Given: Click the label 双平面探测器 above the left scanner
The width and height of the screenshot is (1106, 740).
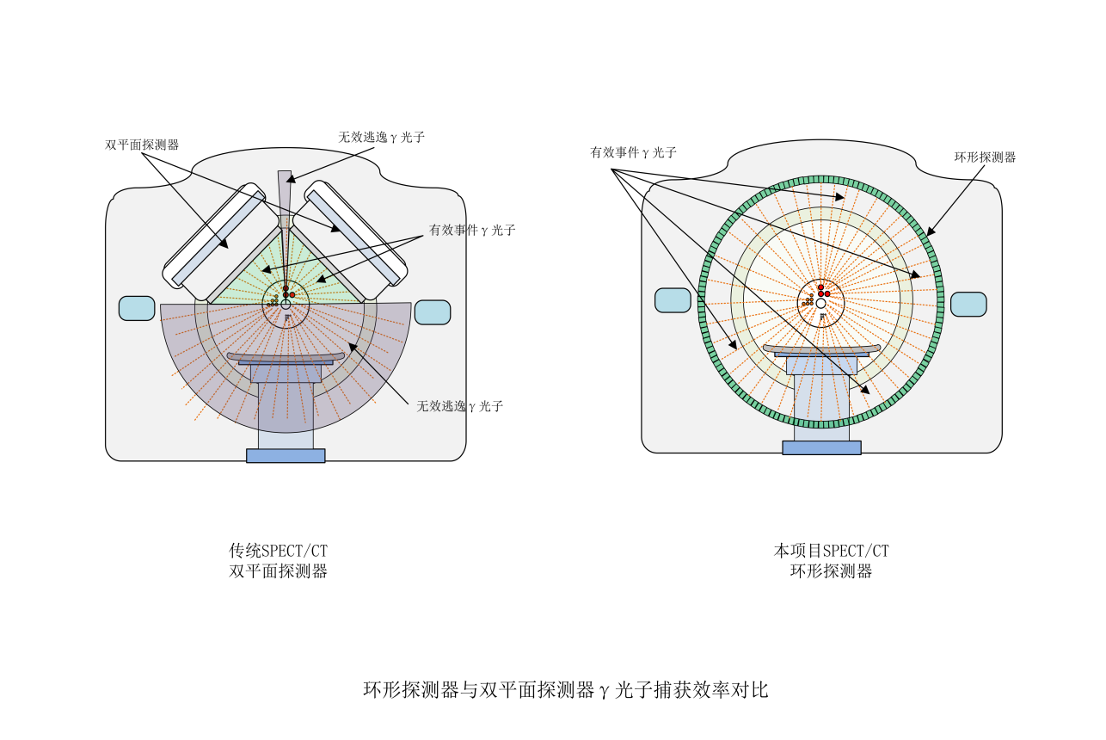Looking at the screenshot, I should pyautogui.click(x=142, y=145).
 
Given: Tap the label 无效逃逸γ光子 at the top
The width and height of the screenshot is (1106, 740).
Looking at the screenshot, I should pyautogui.click(x=382, y=137).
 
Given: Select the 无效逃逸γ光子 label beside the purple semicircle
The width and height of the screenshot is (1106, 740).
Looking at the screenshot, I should pyautogui.click(x=460, y=406).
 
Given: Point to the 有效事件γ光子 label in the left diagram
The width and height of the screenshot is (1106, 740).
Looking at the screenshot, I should pyautogui.click(x=472, y=231).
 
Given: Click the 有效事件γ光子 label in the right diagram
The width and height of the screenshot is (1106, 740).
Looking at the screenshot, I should pyautogui.click(x=633, y=152).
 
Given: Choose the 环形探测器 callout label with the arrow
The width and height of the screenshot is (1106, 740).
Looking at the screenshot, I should pyautogui.click(x=986, y=157).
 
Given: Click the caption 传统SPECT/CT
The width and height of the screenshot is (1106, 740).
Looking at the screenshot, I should pyautogui.click(x=278, y=551).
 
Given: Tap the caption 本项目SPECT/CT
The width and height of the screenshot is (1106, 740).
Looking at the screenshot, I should pyautogui.click(x=831, y=551).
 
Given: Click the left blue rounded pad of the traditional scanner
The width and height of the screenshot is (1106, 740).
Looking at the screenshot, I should pyautogui.click(x=137, y=308).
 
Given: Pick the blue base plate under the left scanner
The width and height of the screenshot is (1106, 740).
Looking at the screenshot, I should pyautogui.click(x=286, y=455).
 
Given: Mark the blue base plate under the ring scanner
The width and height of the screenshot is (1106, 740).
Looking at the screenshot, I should pyautogui.click(x=821, y=447).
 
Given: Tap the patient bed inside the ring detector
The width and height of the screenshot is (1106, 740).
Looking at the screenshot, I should pyautogui.click(x=821, y=349).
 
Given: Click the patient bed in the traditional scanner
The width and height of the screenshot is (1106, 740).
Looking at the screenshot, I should pyautogui.click(x=286, y=357).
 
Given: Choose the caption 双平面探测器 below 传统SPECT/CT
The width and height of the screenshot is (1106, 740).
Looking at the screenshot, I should pyautogui.click(x=278, y=571).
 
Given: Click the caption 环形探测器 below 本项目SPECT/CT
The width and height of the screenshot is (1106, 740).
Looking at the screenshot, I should pyautogui.click(x=831, y=571).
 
